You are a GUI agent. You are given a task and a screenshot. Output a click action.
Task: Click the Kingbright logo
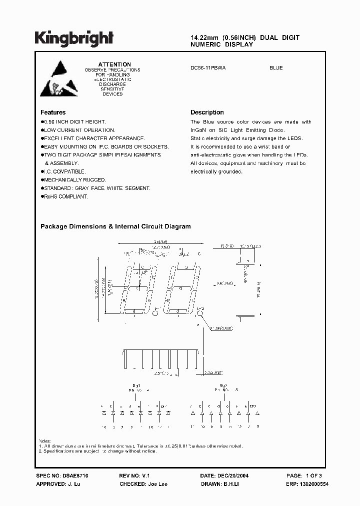click(74, 38)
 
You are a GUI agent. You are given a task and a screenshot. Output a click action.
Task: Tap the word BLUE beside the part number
click(276, 67)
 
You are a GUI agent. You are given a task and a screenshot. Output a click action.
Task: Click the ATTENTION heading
click(114, 64)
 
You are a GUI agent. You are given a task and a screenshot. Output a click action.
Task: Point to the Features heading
click(53, 112)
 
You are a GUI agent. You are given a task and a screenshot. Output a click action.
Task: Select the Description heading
click(207, 112)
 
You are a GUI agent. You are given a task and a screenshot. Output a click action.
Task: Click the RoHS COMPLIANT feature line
click(65, 196)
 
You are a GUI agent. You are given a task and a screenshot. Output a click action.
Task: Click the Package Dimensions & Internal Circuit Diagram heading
click(115, 226)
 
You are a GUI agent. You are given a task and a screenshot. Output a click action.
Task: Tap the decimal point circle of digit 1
click(154, 314)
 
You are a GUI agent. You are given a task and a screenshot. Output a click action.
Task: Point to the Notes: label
click(45, 440)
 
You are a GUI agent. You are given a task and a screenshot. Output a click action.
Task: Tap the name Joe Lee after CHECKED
click(158, 484)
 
